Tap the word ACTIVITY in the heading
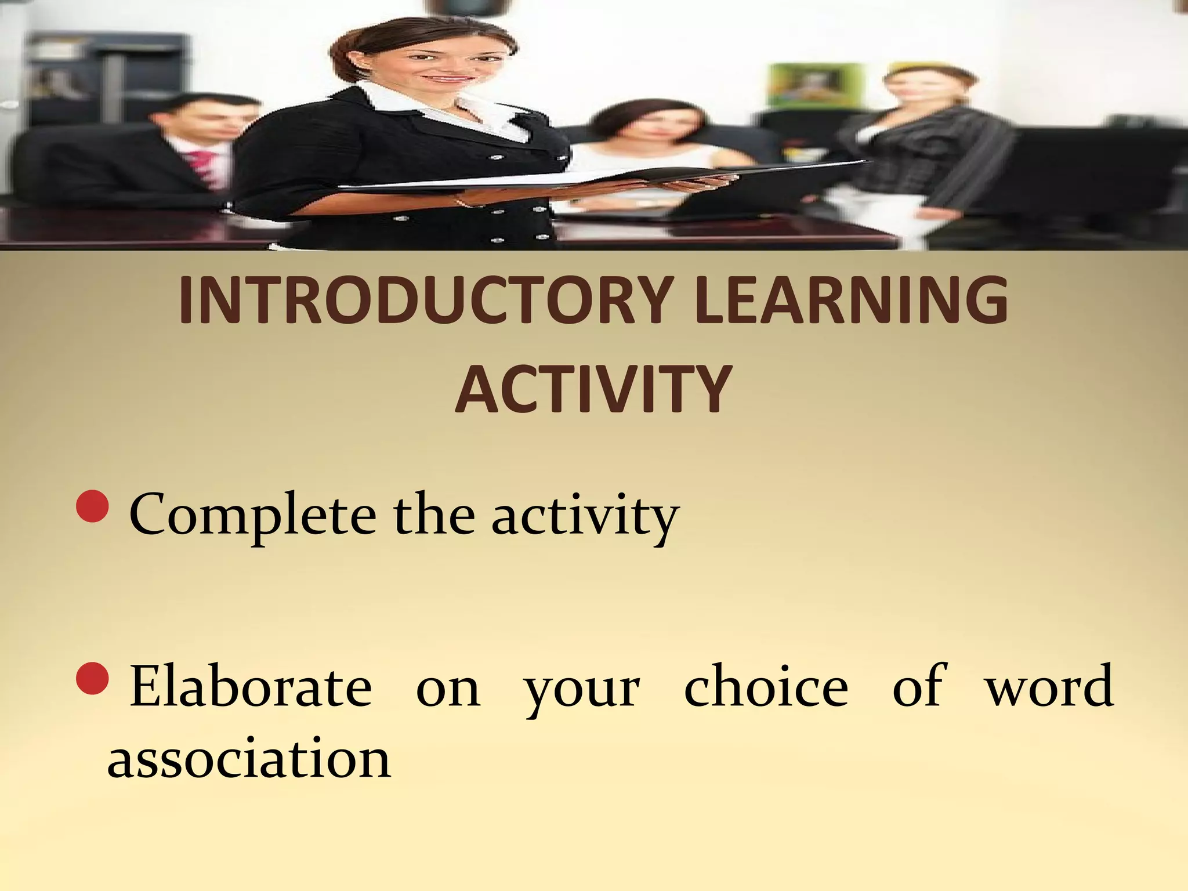pos(593,389)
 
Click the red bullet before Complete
pos(92,505)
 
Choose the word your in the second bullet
pos(582,690)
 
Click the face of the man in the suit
pos(203,125)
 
